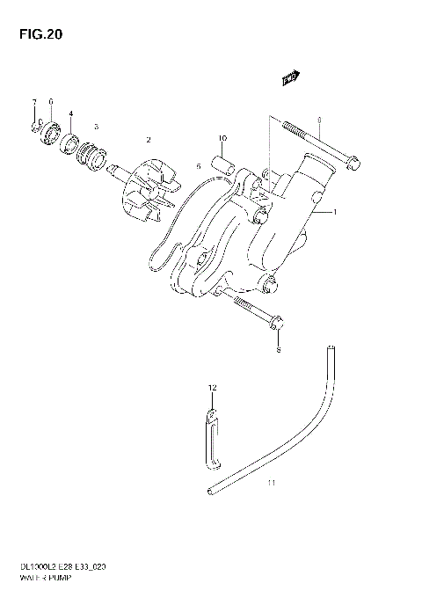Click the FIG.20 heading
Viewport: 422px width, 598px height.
37,35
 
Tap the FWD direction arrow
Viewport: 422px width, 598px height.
288,80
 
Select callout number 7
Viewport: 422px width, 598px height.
34,103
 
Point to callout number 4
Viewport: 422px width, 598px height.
71,113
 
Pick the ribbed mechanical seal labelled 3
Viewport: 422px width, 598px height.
90,156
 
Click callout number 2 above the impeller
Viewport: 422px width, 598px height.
149,140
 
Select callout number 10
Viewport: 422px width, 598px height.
222,138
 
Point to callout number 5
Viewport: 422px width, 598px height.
200,165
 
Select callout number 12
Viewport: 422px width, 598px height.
211,387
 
